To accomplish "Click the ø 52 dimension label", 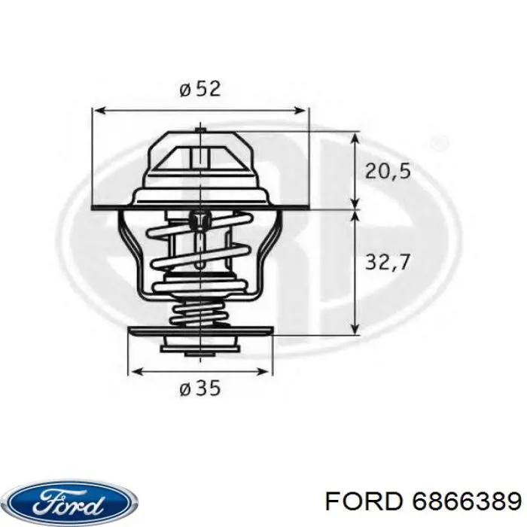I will point(200,89).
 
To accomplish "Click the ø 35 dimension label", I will point(200,389).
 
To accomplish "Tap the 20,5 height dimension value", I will point(388,172).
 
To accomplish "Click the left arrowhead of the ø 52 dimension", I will point(97,111).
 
